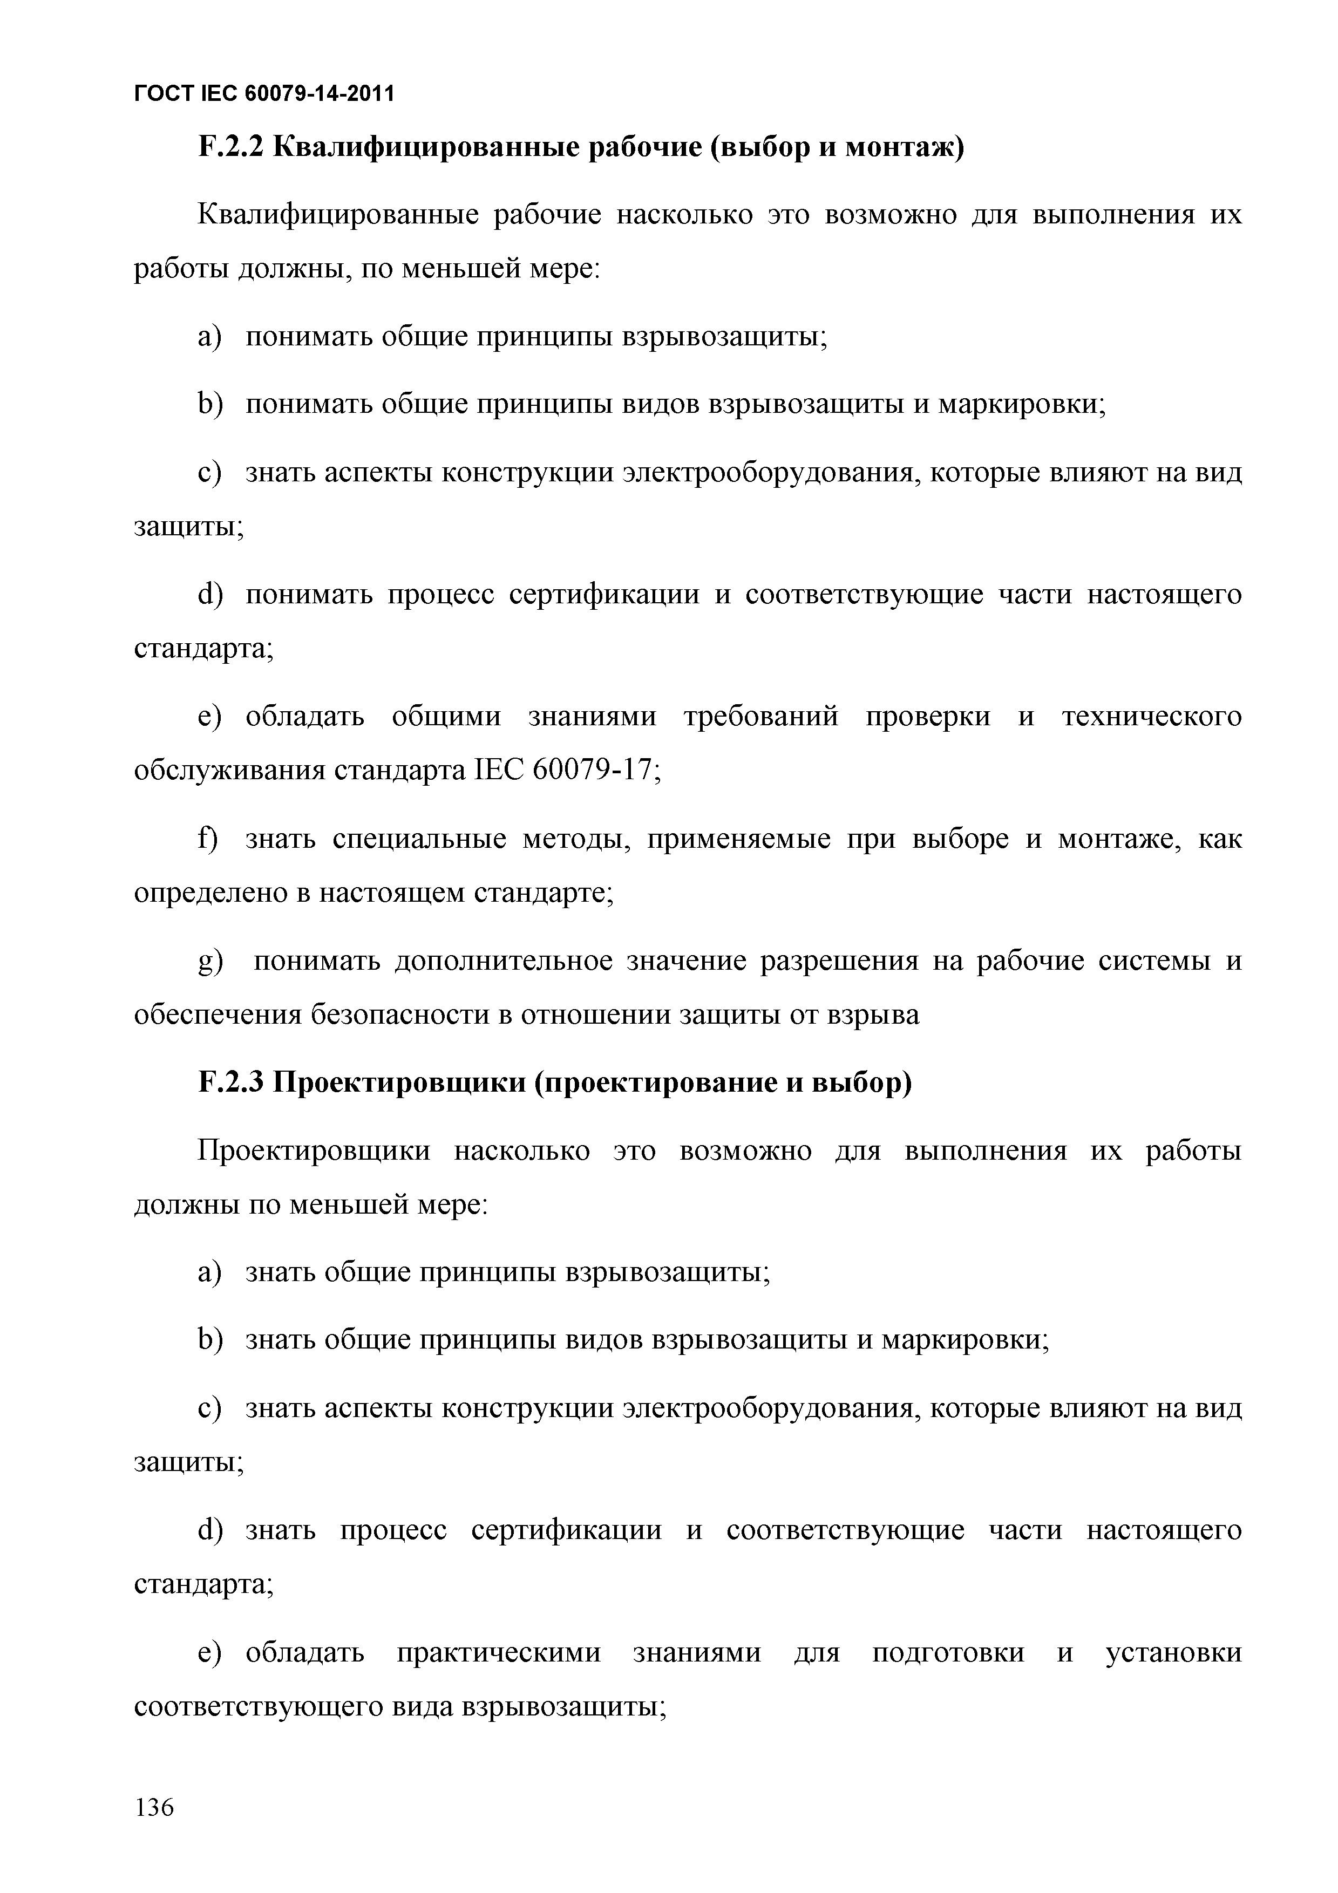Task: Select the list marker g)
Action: click(x=211, y=962)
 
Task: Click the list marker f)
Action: click(x=208, y=839)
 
